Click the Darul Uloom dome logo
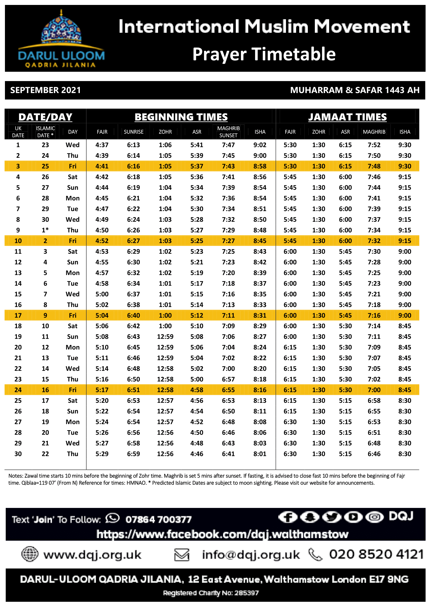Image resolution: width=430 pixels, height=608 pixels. pyautogui.click(x=61, y=29)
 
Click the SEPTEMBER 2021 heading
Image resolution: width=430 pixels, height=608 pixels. pyautogui.click(x=45, y=90)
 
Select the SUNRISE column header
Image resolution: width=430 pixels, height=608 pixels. pyautogui.click(x=133, y=132)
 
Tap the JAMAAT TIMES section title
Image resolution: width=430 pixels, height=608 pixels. pyautogui.click(x=347, y=117)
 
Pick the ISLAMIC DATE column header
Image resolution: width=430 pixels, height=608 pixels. pyautogui.click(x=45, y=132)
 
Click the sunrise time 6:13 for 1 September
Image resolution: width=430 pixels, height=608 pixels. pyautogui.click(x=133, y=145)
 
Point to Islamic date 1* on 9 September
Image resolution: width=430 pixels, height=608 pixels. pyautogui.click(x=45, y=230)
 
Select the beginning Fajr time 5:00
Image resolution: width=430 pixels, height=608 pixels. pyautogui.click(x=102, y=294)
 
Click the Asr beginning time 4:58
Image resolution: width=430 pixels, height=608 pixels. pyautogui.click(x=197, y=390)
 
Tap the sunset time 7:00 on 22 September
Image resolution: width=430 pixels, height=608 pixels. pyautogui.click(x=228, y=369)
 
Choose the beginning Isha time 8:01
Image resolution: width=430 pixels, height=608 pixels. pyautogui.click(x=260, y=454)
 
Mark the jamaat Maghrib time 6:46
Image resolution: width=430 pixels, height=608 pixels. pyautogui.click(x=374, y=454)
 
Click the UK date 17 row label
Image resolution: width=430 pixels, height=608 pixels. pyautogui.click(x=18, y=316)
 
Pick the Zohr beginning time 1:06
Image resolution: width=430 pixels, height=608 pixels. pyautogui.click(x=165, y=145)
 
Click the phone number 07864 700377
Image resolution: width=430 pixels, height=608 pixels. pyautogui.click(x=158, y=519)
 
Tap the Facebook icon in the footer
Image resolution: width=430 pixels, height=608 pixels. pyautogui.click(x=288, y=517)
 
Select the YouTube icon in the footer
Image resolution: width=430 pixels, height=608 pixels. pyautogui.click(x=353, y=517)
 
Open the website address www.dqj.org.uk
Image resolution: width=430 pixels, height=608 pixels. pyautogui.click(x=92, y=554)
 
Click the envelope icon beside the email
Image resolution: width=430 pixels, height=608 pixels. pyautogui.click(x=182, y=554)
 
